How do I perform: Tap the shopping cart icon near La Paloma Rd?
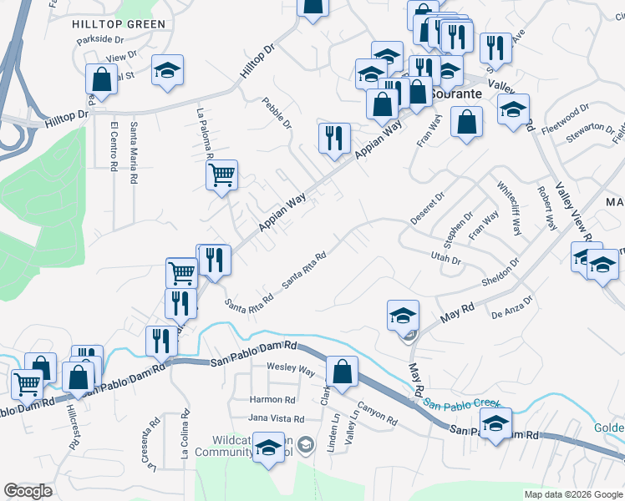click(x=221, y=176)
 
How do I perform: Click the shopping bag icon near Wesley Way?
click(x=342, y=372)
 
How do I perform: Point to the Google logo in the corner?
click(x=28, y=491)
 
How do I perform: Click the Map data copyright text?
click(x=573, y=494)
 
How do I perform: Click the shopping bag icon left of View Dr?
click(x=101, y=80)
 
